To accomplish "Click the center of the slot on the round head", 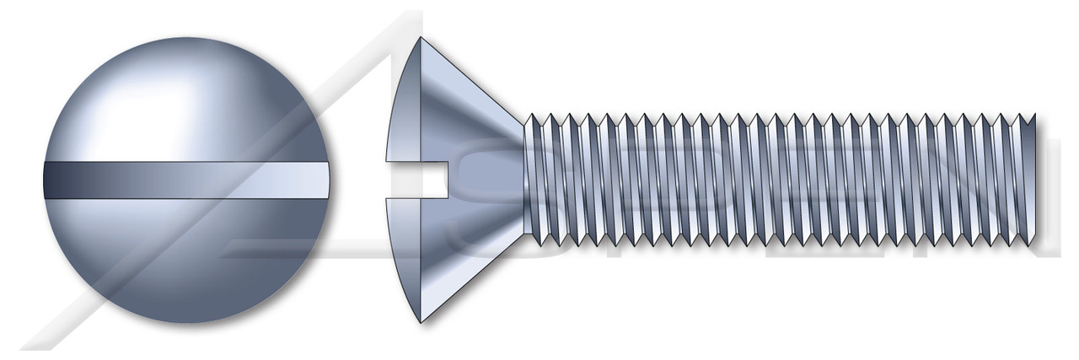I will pos(185,179).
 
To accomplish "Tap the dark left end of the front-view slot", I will pos(59,179).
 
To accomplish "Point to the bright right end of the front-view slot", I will pos(312,179).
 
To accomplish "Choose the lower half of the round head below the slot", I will pos(185,261).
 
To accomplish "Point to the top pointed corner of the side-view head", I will pos(420,37).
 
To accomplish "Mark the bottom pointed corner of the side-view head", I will pos(420,322).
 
